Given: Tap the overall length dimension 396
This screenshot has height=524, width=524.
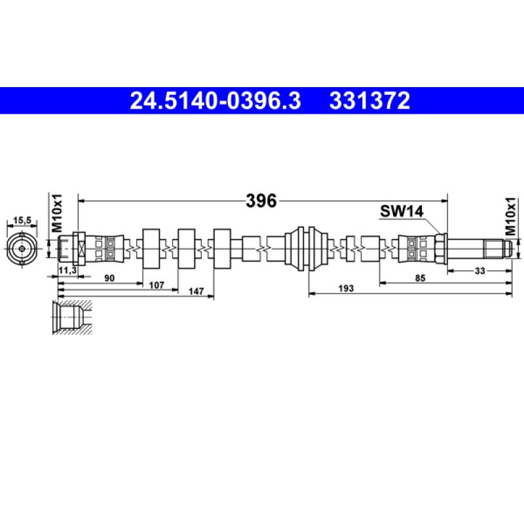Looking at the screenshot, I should tap(261, 201).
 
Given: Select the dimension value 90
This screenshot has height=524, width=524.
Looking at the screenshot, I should tap(109, 278).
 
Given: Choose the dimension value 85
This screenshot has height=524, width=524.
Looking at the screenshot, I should tap(420, 278).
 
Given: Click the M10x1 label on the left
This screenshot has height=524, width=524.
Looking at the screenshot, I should tap(56, 213).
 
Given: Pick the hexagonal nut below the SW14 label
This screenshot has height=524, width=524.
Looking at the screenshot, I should tap(441, 248).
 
